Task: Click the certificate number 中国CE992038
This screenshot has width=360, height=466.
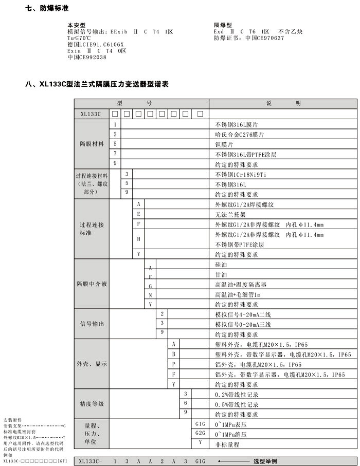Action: coord(87,58)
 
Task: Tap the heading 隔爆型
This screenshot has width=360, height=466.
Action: coord(223,25)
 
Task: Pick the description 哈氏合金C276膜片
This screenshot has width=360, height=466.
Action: coord(240,135)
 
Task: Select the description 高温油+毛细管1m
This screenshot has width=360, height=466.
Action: coord(238,294)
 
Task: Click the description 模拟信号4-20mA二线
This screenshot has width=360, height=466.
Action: coord(242,314)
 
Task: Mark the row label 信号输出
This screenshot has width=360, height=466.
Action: coord(92,324)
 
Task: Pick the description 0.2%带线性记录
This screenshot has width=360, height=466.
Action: coord(236,395)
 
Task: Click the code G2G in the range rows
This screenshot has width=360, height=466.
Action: coord(200,434)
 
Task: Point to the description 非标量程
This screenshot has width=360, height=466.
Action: coord(227,444)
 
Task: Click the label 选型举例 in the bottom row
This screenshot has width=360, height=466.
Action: coord(266,461)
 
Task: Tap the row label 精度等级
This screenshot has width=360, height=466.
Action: coord(92,404)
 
